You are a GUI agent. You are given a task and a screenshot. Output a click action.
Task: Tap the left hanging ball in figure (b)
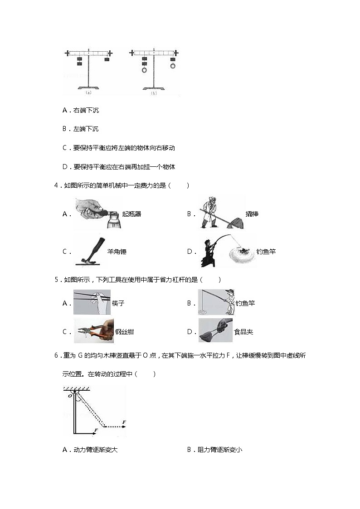144,70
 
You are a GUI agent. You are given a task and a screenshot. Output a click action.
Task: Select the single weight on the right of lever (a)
107,59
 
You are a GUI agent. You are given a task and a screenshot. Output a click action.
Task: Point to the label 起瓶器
131,214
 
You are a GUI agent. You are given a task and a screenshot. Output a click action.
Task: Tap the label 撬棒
252,214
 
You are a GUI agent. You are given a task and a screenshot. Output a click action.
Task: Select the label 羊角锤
117,252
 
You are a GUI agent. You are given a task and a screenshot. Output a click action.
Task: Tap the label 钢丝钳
124,332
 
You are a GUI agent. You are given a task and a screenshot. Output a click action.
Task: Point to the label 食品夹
243,332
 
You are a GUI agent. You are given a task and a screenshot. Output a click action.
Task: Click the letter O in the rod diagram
70,396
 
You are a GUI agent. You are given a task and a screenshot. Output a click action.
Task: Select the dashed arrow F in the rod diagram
116,426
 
